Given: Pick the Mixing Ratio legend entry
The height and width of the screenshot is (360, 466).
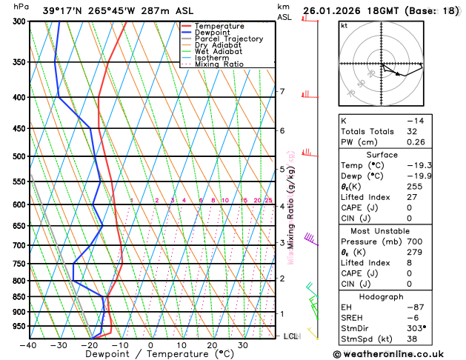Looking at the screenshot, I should click(x=219, y=64).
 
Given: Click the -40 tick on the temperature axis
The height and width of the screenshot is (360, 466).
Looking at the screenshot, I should click(x=28, y=345).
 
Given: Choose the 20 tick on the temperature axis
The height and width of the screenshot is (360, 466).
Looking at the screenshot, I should click(x=212, y=345).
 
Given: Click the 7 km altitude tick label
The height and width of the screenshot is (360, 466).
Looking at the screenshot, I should click(x=282, y=92).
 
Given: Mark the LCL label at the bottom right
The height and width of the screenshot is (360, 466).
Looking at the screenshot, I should click(x=291, y=337).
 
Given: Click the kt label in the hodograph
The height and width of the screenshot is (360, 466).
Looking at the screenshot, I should click(x=344, y=26).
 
